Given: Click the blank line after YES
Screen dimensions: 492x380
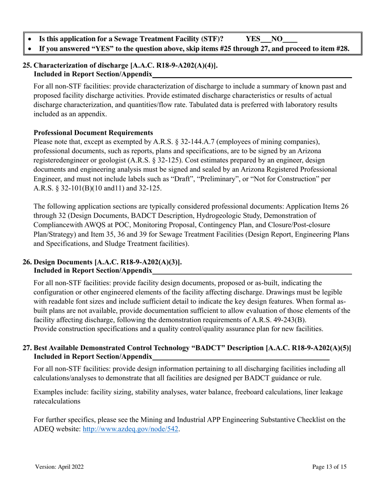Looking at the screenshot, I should [266, 41].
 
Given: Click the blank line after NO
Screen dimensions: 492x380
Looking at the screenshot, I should [290, 41].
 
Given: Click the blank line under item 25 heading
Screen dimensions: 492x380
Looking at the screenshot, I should [252, 76].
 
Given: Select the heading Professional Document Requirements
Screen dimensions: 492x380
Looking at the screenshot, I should [93, 133].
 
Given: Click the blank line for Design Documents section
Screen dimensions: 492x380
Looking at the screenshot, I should [252, 273].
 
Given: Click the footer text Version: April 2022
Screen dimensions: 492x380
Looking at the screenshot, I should [59, 467].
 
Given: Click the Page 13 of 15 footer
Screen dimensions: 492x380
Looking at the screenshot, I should [329, 467].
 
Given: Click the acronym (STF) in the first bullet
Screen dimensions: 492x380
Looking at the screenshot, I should [212, 39].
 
